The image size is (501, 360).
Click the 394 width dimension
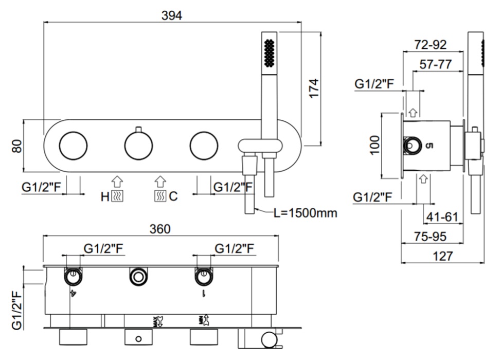pos(172,15)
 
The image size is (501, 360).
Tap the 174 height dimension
pos(314,88)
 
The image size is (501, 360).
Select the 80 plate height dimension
pos(17,146)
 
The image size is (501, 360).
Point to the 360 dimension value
pos(160,229)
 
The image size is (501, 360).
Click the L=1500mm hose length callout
pos(306,213)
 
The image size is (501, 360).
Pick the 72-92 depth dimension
pos(431,44)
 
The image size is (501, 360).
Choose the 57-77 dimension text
pos(436,64)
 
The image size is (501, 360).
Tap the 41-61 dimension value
pos(442,217)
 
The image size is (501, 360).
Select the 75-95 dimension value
pos(430,237)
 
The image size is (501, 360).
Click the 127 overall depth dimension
pos(442,256)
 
